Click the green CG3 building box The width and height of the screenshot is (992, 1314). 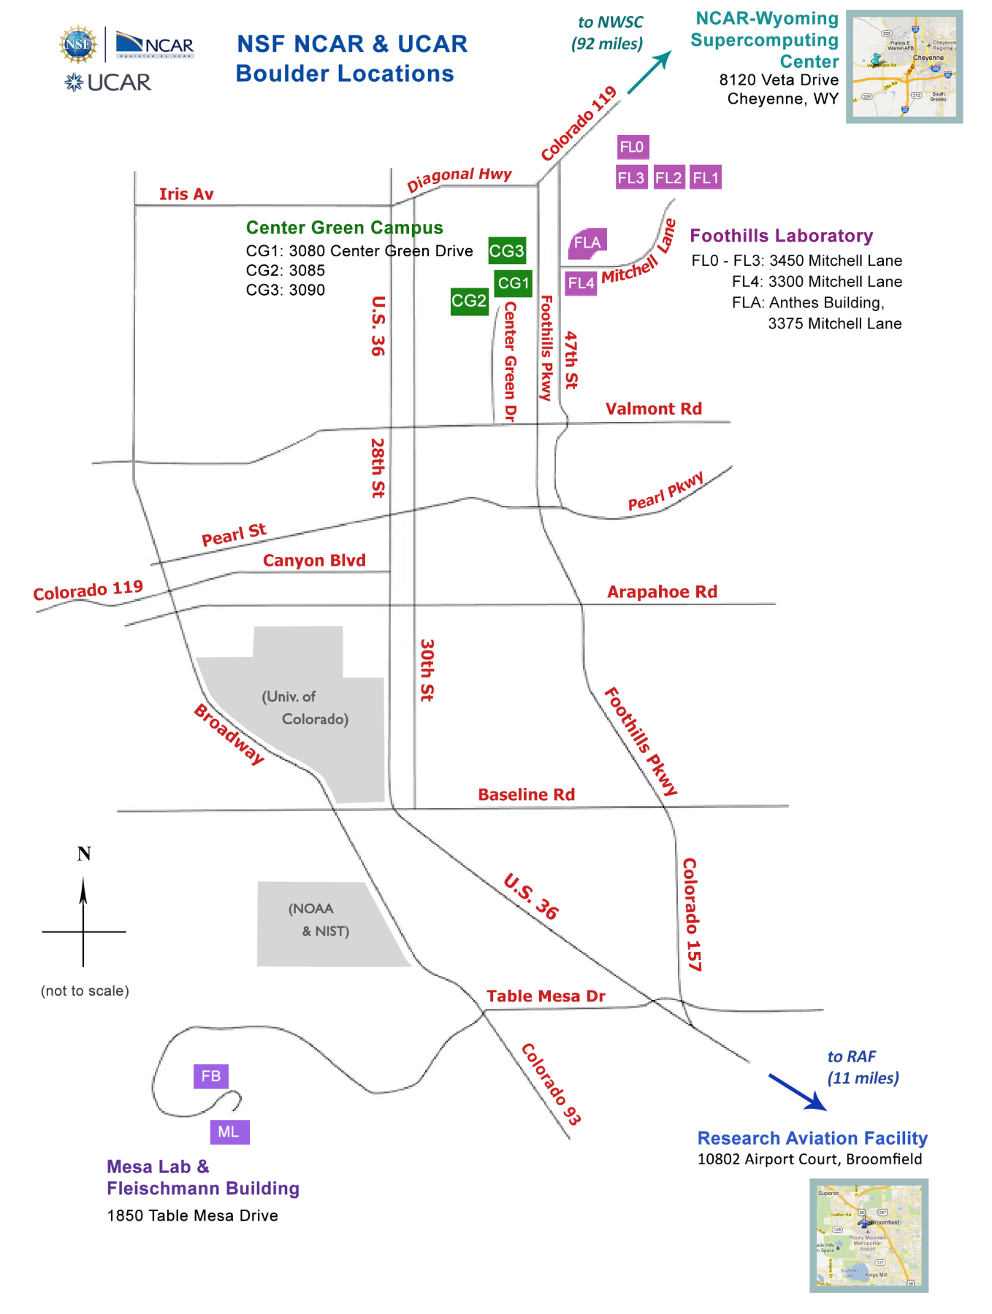506,251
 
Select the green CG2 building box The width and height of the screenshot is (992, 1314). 469,301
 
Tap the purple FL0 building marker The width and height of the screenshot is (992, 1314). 632,147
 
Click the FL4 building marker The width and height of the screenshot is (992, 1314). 581,283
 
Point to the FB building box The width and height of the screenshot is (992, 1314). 210,1076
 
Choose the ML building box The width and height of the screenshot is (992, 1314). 229,1131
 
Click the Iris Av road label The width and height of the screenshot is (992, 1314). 186,194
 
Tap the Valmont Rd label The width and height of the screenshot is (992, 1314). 653,409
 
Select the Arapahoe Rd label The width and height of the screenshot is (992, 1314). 662,592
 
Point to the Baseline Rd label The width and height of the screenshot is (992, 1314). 526,794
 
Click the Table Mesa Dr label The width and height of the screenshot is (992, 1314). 546,996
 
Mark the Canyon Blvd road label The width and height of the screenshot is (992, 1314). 314,561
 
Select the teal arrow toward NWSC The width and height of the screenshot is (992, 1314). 649,72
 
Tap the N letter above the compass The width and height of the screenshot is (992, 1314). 84,853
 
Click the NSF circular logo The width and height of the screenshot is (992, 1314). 78,44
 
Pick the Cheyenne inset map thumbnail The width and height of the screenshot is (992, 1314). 904,66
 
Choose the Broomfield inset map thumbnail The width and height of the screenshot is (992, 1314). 869,1235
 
